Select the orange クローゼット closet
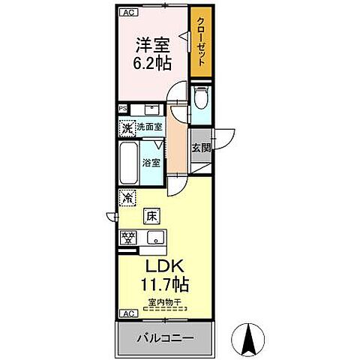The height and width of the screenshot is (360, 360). click(x=200, y=45)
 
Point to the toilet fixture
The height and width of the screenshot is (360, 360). click(x=200, y=100)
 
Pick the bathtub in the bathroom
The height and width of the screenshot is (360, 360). click(x=128, y=160)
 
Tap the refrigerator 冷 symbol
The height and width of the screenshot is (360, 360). click(x=127, y=199)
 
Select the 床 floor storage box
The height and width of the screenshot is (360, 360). click(x=151, y=217)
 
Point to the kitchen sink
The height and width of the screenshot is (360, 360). click(x=155, y=239)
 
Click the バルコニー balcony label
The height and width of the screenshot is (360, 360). click(x=164, y=338)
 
